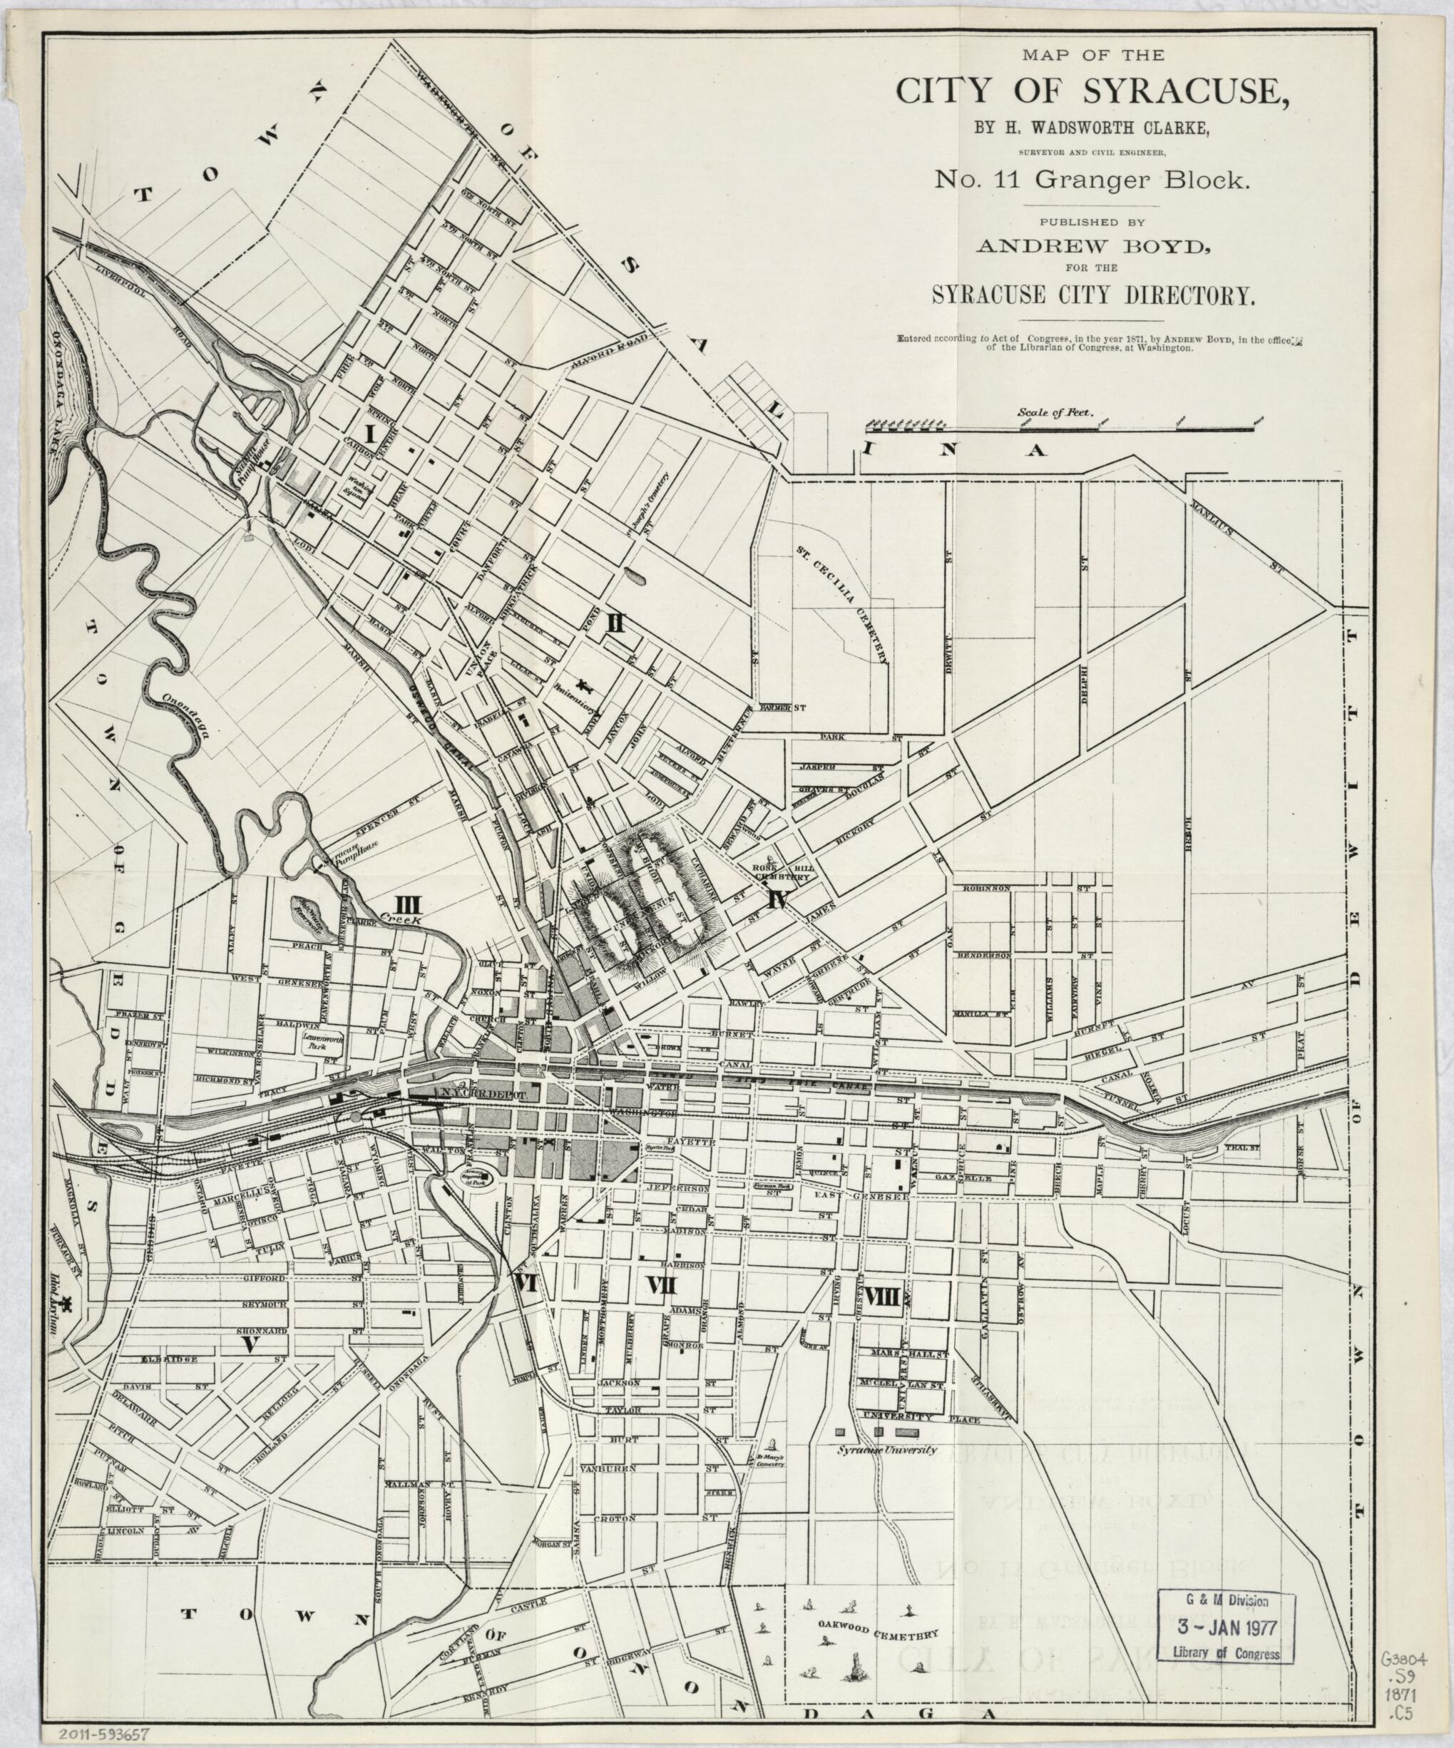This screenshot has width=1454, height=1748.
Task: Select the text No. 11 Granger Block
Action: coord(1075,180)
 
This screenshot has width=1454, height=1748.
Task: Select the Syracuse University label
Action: coord(886,1450)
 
